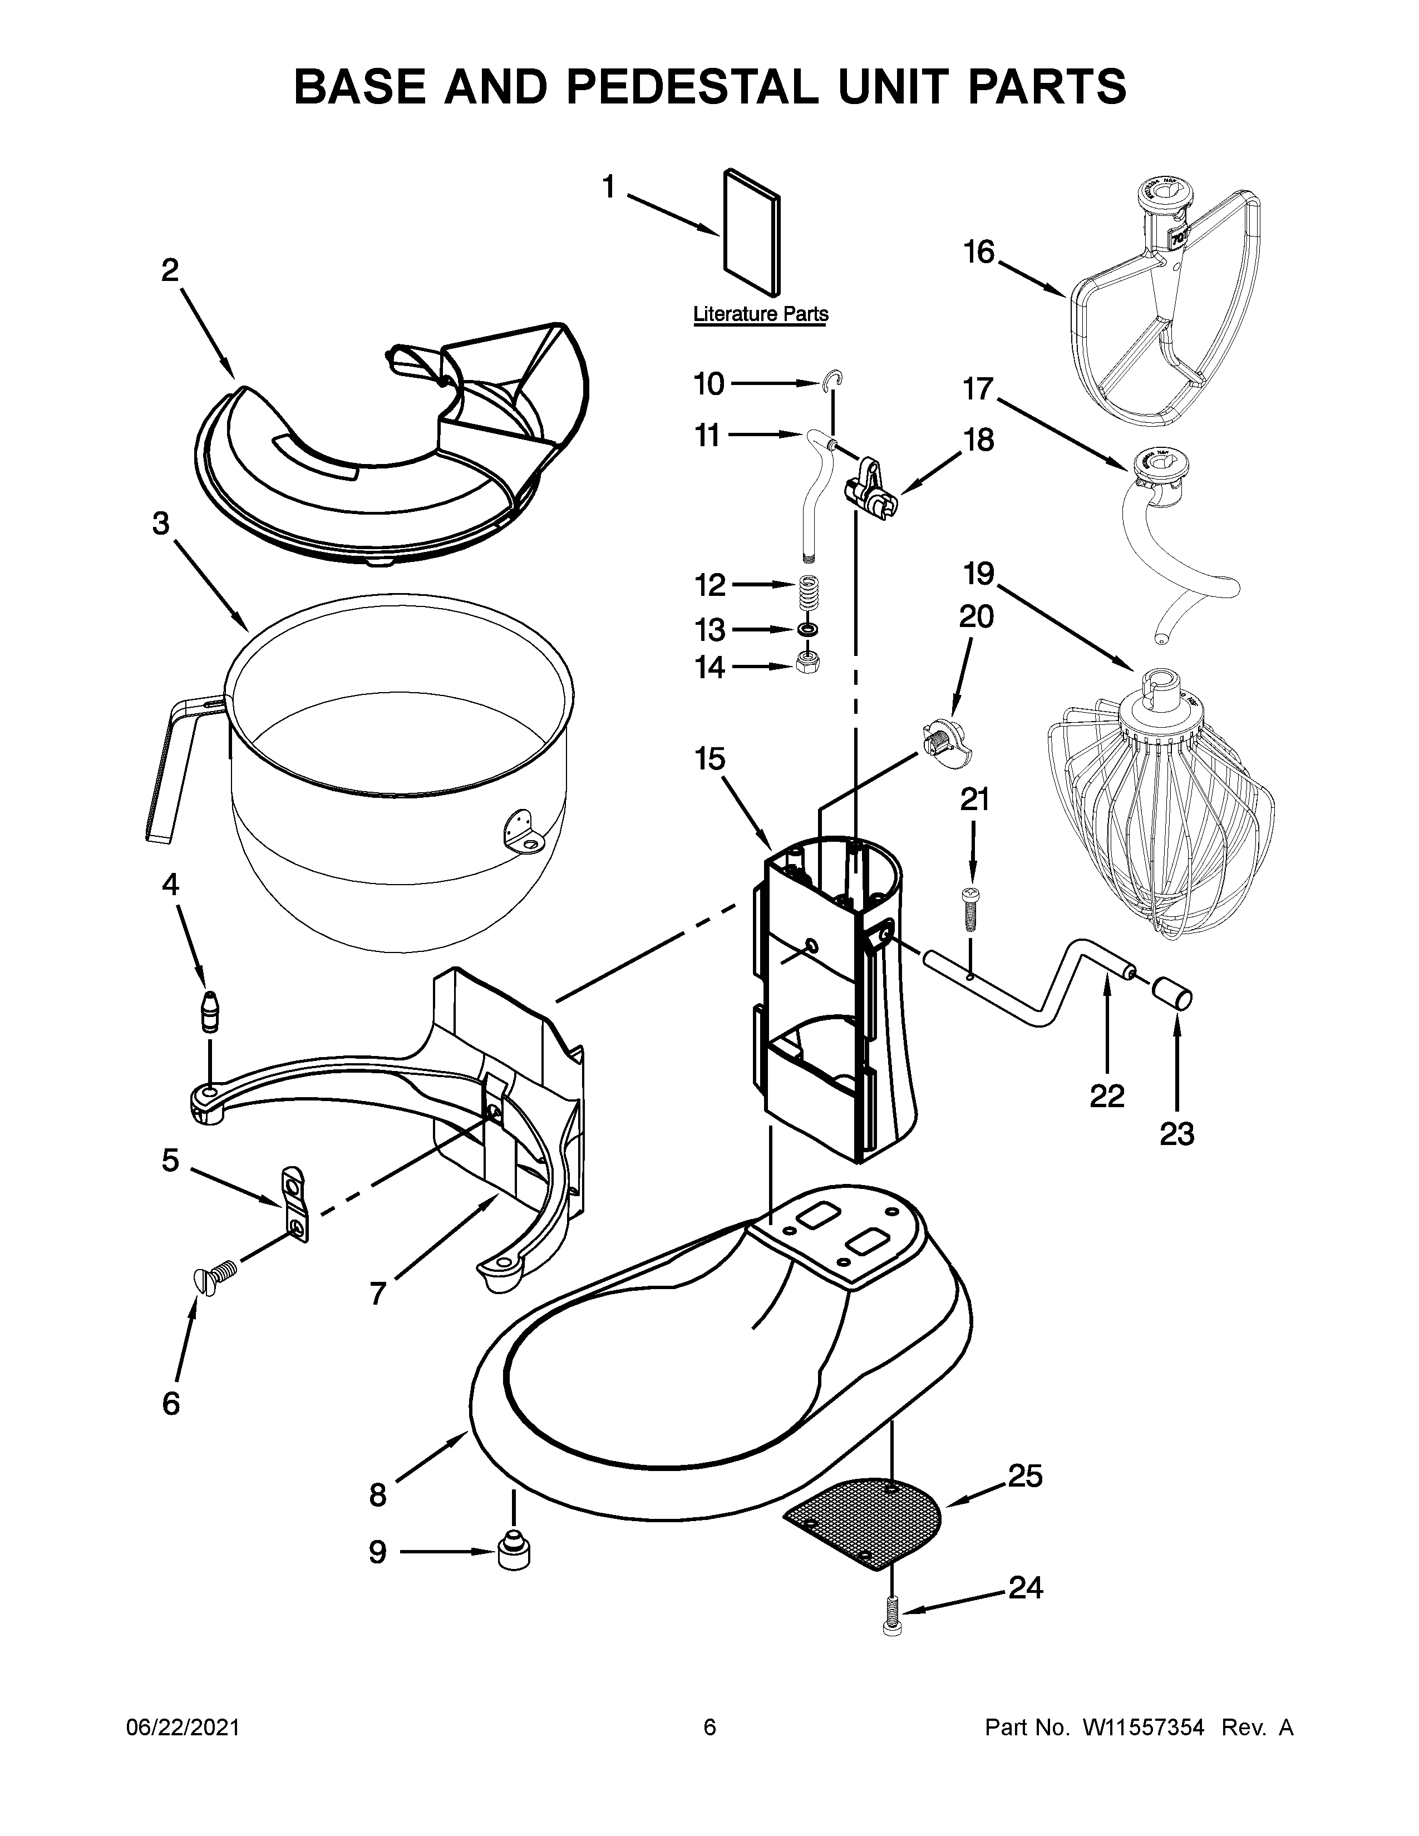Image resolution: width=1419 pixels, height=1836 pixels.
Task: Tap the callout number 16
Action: [x=978, y=252]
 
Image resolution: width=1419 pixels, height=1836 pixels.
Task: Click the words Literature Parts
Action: [x=760, y=314]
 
